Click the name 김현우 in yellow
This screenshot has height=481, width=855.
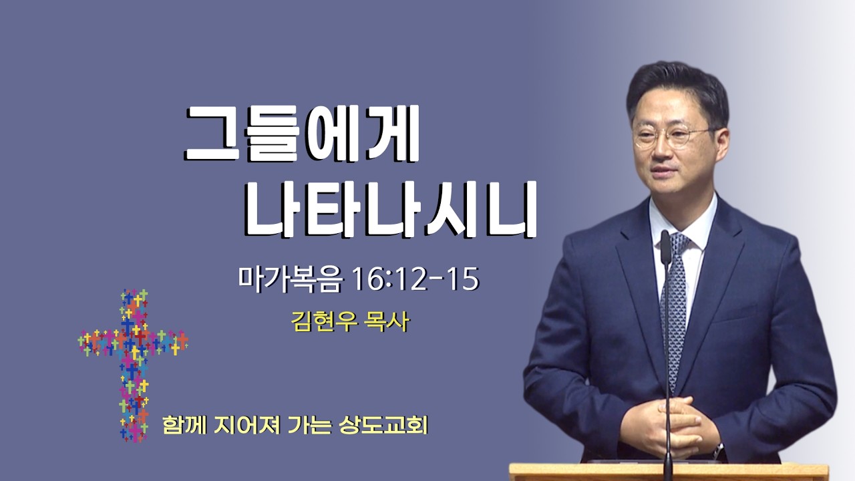325,322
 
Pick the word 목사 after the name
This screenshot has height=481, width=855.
387,322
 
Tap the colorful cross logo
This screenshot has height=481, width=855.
133,365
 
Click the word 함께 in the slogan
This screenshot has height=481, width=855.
184,425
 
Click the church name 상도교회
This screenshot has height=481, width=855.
383,425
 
